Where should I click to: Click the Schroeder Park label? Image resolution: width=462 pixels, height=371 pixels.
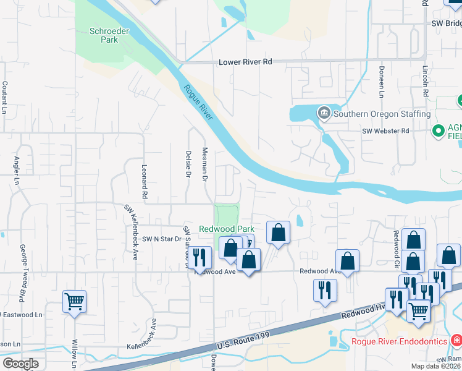point(103,35)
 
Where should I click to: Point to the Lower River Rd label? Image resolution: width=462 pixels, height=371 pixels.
point(245,62)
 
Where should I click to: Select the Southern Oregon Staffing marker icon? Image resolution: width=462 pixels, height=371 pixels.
point(324,113)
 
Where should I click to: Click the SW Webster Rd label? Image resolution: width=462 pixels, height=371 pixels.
point(385,131)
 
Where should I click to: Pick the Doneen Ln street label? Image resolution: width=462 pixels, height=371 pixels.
point(382,82)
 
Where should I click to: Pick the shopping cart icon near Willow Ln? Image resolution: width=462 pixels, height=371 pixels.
point(74,302)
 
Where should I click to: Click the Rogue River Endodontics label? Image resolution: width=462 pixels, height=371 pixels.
point(399,341)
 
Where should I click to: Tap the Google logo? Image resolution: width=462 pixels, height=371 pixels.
point(20,364)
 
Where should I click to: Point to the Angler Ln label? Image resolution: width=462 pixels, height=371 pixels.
point(17,168)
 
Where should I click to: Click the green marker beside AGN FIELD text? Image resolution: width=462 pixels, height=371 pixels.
point(439,130)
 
